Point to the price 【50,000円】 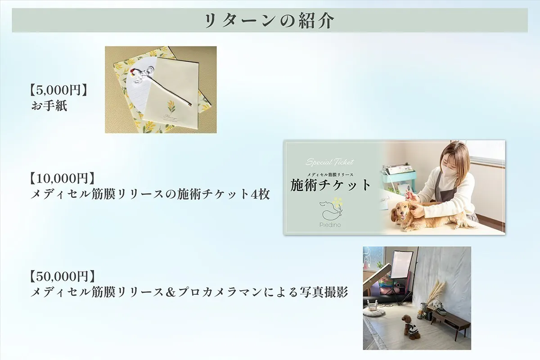[x=61, y=275]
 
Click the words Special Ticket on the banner [x=330, y=162]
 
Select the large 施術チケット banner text [x=331, y=185]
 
